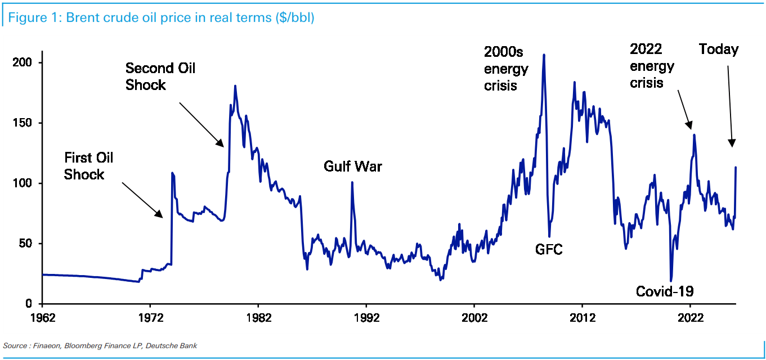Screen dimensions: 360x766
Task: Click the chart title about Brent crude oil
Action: [162, 17]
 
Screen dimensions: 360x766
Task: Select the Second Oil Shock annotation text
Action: [160, 76]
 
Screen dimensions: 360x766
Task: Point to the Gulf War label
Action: [353, 166]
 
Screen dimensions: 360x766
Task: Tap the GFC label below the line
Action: [549, 249]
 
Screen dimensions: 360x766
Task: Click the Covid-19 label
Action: [665, 291]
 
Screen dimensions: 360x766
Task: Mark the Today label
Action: [719, 49]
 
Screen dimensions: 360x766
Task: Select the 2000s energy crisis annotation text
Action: [506, 69]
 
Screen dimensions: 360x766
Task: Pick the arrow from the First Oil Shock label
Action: [142, 200]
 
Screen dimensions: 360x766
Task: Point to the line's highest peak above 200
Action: [544, 55]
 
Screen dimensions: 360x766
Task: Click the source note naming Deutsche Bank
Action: [100, 345]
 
